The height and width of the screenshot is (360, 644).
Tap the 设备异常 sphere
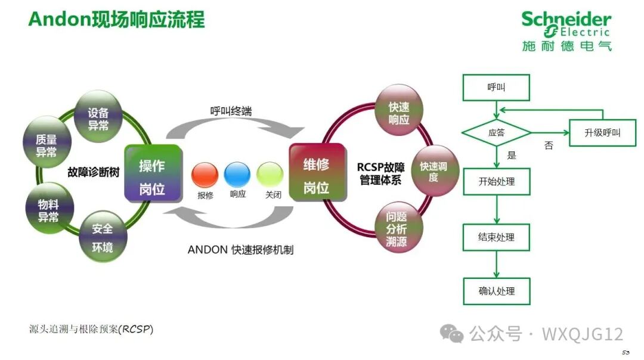(98, 117)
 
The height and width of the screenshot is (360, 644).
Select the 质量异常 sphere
(46, 145)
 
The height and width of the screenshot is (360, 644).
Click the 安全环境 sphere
(103, 237)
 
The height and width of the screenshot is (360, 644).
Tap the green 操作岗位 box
(152, 172)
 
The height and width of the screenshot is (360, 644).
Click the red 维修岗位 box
(317, 172)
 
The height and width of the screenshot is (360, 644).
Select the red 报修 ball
(205, 175)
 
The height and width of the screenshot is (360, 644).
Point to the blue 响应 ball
(237, 175)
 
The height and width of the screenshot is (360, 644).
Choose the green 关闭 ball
(270, 175)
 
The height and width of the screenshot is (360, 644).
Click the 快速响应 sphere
(399, 112)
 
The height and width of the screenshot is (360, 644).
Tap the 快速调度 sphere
(434, 171)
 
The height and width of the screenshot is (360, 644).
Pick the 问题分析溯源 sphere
(400, 229)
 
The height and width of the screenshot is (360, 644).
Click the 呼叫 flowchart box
(496, 88)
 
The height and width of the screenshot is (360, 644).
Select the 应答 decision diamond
(496, 133)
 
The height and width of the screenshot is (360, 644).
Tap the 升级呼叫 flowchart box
(602, 133)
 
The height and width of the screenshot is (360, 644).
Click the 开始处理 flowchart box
(496, 181)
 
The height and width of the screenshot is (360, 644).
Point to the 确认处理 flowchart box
(496, 291)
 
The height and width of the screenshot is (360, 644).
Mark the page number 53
(626, 352)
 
